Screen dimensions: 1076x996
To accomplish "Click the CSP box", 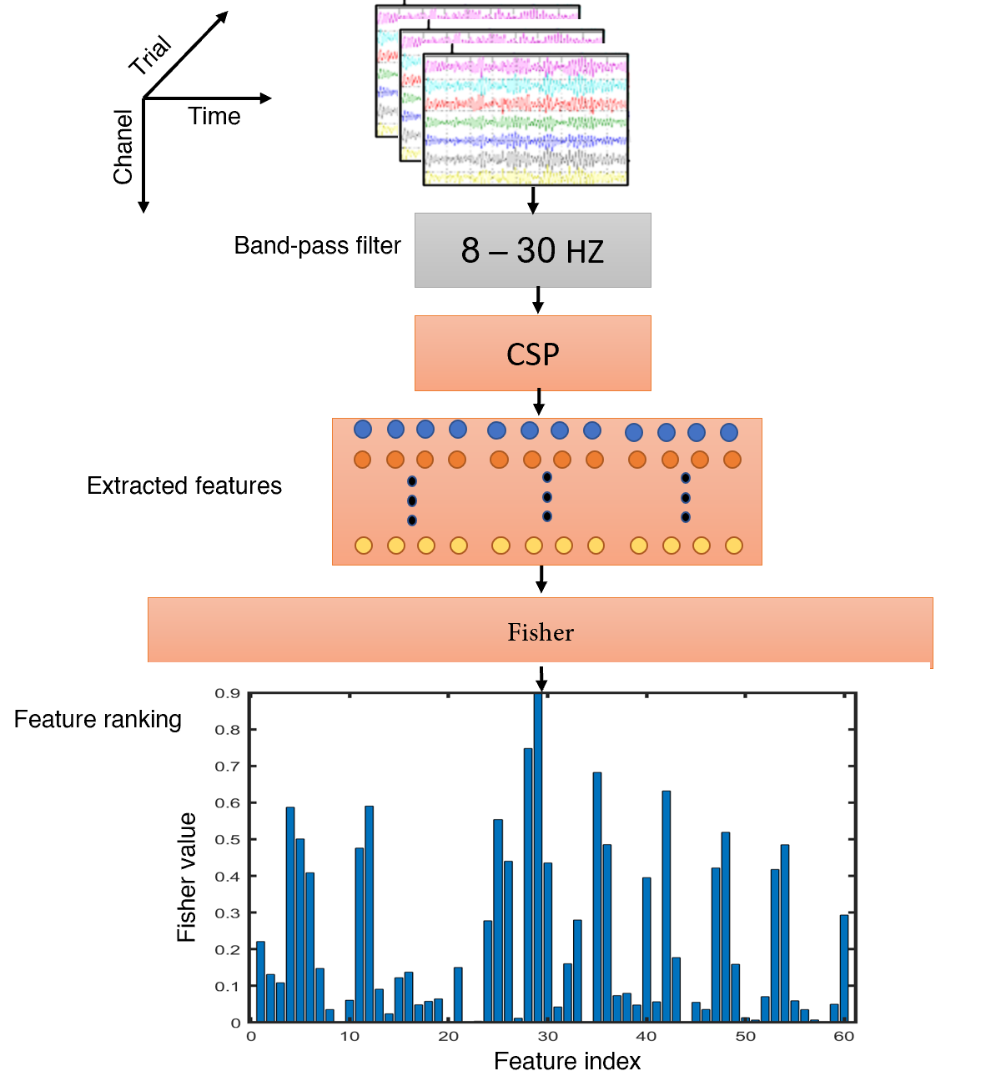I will pos(532,354).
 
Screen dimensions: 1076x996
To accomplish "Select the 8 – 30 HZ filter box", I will pos(532,250).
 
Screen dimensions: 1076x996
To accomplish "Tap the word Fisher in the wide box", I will pos(541,632).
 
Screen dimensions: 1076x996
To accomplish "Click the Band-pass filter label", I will pos(317,246).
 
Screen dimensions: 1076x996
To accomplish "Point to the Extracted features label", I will pos(184,485).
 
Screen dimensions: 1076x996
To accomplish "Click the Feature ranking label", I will pos(98,719).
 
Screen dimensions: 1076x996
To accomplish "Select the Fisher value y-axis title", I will pos(187,877).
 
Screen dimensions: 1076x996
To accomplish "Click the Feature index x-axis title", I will pos(567,1061).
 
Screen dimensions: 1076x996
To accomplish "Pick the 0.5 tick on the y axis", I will pos(228,840).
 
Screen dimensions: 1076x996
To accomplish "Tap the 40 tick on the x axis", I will pos(646,1037).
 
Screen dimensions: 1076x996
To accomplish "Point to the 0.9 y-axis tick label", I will pos(228,693).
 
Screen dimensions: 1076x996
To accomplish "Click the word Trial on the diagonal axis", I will pos(151,55).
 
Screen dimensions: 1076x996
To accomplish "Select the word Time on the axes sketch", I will pos(214,116).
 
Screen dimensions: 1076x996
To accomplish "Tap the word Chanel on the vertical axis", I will pos(123,147).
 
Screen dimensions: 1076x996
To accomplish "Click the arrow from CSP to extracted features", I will pos(539,402).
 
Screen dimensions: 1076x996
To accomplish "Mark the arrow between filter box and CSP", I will pos(538,300).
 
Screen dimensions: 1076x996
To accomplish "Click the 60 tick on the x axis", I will pos(844,1037).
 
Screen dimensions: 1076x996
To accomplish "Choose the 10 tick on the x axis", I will pos(350,1037).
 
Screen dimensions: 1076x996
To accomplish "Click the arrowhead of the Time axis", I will pos(266,98).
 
